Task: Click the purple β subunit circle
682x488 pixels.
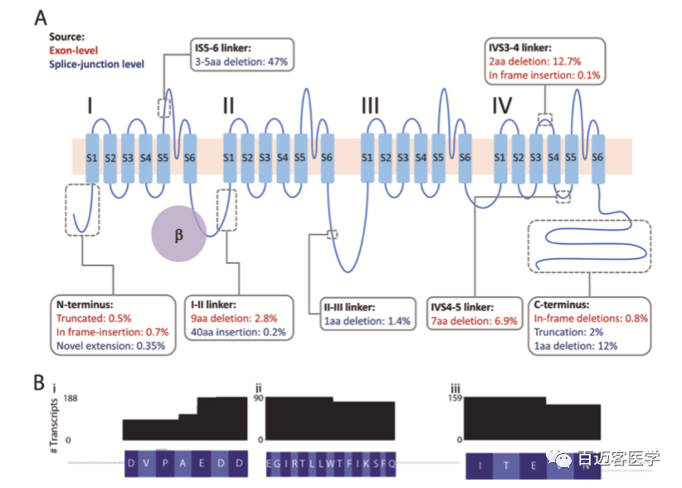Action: pyautogui.click(x=178, y=235)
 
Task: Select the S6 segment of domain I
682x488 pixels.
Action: pyautogui.click(x=190, y=156)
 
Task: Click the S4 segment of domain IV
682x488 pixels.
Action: pyautogui.click(x=553, y=156)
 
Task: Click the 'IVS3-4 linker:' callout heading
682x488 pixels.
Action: pyautogui.click(x=521, y=48)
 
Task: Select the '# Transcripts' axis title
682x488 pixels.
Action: pyautogui.click(x=61, y=420)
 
